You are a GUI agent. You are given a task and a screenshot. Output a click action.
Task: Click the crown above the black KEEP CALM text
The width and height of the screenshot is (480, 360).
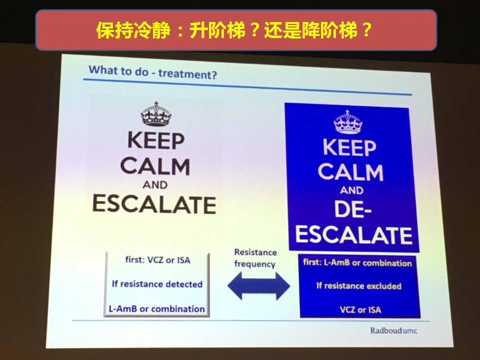156,114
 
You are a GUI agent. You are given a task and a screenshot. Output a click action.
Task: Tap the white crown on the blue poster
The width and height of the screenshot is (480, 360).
348,122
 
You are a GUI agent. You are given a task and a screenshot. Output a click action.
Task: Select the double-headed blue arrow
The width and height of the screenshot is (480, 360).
258,285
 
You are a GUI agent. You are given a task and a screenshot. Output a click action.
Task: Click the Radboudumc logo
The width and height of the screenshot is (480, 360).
393,330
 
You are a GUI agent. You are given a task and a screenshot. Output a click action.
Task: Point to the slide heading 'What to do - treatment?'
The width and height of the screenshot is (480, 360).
153,72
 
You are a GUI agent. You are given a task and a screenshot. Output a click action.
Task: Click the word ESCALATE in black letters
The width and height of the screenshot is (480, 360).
154,204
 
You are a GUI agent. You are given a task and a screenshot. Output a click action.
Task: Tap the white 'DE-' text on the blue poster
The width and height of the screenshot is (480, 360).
352,209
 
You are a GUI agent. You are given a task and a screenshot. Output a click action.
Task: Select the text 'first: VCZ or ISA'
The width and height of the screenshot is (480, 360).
157,260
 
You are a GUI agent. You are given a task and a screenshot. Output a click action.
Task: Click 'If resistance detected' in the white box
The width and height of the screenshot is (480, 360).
157,284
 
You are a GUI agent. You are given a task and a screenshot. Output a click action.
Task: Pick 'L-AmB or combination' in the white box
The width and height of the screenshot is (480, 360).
156,309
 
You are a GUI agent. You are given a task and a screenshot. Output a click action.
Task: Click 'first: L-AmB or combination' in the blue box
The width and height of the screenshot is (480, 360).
357,262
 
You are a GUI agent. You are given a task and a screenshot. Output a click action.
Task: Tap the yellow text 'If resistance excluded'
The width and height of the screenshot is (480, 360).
359,286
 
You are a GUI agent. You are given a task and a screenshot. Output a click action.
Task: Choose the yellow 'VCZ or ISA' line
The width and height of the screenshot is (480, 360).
360,310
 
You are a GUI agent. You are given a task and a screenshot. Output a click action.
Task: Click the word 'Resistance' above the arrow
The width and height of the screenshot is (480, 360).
255,252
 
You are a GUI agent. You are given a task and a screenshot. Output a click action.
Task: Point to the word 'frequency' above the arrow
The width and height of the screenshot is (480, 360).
254,264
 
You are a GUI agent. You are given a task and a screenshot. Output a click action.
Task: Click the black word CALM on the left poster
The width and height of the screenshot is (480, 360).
155,166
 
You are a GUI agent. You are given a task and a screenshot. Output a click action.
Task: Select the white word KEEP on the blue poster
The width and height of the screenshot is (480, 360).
349,147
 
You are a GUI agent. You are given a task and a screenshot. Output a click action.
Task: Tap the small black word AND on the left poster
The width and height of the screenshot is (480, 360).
155,185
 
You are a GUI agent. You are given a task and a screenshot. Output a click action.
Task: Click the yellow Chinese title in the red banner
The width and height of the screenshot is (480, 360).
234,30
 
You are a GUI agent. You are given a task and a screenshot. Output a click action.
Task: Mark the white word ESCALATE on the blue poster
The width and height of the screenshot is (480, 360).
354,235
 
